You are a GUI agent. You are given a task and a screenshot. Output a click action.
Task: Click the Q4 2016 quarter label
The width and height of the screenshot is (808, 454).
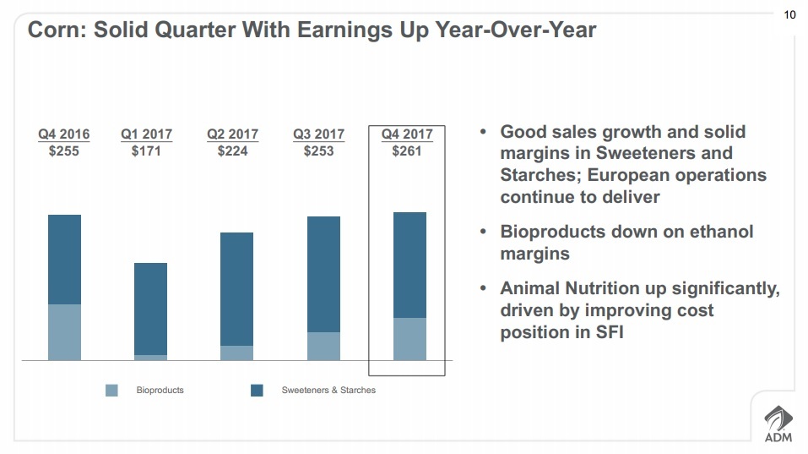pos(63,134)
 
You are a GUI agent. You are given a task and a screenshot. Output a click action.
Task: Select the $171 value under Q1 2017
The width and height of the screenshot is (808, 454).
pos(146,151)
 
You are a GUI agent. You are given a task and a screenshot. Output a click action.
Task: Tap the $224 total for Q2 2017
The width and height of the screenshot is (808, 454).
pos(232,151)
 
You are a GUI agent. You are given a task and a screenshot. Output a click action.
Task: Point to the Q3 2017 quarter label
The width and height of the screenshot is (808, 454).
pos(318,134)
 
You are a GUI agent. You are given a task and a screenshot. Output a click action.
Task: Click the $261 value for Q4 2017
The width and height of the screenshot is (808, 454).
pos(406,151)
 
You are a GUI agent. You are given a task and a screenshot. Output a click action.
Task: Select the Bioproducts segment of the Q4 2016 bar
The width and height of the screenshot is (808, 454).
pos(64,332)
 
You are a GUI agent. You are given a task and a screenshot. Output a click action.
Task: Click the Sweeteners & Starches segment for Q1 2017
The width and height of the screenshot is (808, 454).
pos(150,309)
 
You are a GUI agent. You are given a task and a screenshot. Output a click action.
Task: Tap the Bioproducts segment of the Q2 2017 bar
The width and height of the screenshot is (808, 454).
pos(236,353)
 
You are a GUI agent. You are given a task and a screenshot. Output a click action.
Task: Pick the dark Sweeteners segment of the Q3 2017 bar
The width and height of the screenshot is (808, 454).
pos(323,274)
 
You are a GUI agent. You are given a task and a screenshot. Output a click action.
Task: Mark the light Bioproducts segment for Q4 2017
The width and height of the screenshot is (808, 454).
pos(409,339)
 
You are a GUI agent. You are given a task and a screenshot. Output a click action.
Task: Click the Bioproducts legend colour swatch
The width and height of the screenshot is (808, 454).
pos(111,391)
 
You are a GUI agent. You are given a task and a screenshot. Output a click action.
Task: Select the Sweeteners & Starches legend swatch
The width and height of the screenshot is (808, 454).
pos(257,391)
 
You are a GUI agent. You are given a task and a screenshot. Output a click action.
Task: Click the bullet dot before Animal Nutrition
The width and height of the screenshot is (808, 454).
pos(483,288)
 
